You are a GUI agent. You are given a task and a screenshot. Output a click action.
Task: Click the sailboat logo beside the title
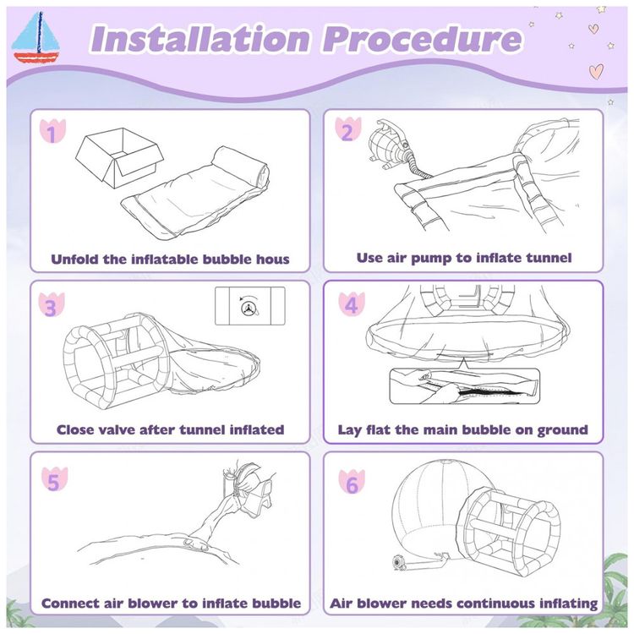[36, 37]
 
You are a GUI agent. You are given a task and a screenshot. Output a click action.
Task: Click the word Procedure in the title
[422, 39]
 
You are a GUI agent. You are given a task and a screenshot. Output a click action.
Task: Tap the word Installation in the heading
[200, 39]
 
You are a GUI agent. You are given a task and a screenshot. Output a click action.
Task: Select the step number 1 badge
[52, 131]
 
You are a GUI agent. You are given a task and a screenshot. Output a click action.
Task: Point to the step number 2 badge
[347, 129]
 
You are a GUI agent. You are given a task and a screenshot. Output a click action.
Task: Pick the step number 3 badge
[52, 304]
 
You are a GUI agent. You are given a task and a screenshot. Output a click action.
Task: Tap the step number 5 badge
[54, 479]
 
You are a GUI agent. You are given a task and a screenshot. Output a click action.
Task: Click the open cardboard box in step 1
[120, 157]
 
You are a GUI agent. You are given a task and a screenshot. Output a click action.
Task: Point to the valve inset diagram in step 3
[250, 306]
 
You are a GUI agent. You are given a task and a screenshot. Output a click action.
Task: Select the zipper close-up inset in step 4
[465, 385]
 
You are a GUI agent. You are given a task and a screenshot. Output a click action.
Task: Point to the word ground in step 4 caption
[562, 430]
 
